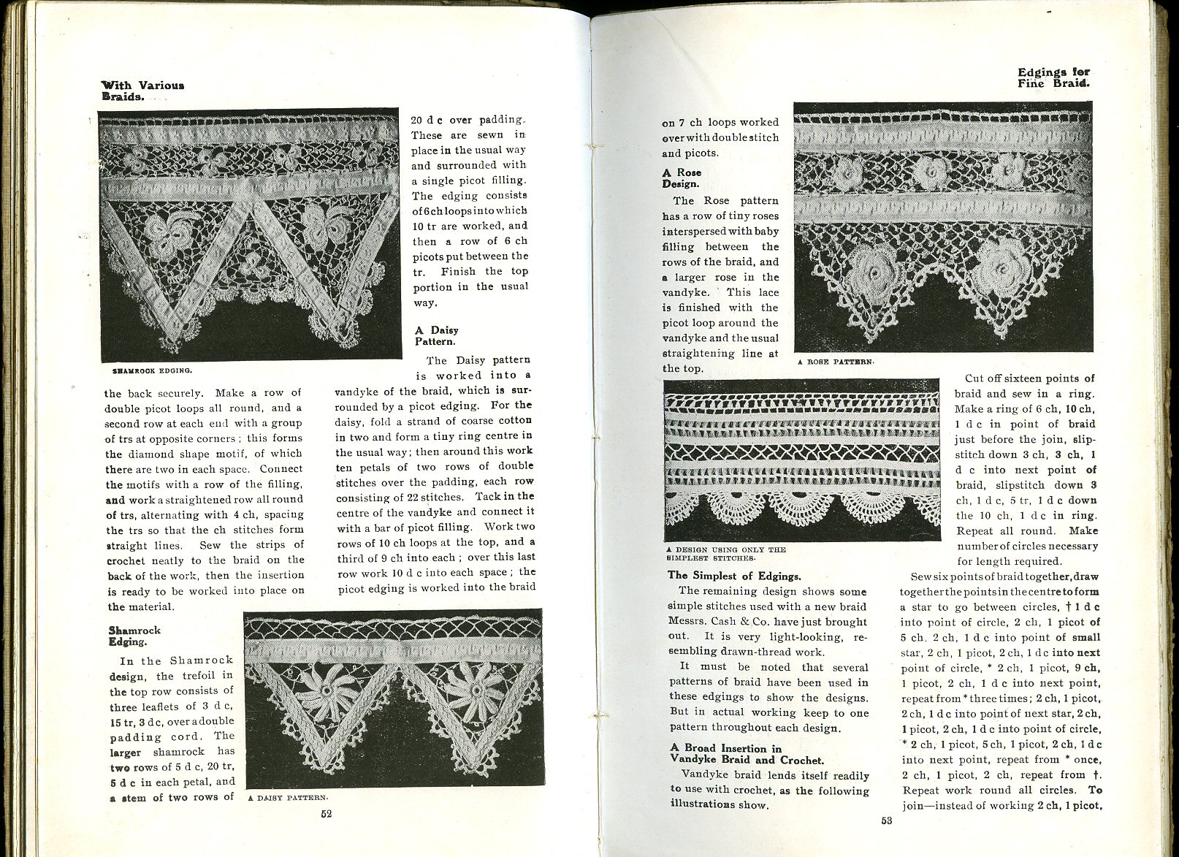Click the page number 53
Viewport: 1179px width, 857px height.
[x=886, y=820]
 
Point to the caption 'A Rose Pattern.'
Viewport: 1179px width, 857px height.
[x=836, y=362]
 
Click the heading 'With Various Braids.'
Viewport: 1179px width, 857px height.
[x=142, y=90]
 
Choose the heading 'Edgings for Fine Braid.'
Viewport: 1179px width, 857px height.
[x=1053, y=77]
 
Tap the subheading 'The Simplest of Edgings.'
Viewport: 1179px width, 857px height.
[x=734, y=576]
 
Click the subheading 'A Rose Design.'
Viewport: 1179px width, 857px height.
[x=682, y=178]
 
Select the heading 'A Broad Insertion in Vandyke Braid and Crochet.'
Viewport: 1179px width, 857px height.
[x=747, y=754]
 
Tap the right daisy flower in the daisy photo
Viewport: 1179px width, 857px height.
[x=473, y=687]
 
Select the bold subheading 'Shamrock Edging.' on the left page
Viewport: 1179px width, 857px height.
[x=134, y=636]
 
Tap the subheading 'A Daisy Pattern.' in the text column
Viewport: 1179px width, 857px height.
[x=436, y=335]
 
